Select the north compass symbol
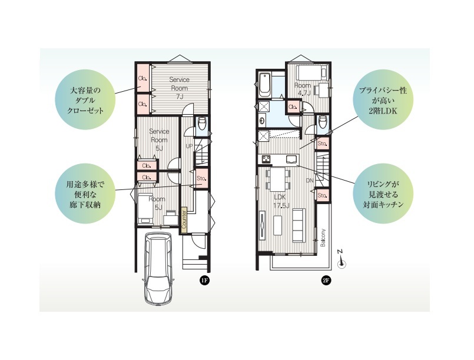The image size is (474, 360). click(x=342, y=260)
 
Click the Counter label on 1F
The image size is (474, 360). click(x=184, y=220)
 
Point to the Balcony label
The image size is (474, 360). click(x=323, y=238)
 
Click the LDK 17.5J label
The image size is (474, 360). click(x=281, y=201)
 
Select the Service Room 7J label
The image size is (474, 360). click(x=179, y=88)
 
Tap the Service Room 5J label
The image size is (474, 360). click(x=159, y=140)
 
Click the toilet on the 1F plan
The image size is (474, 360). click(x=201, y=124)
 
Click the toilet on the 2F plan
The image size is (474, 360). click(x=323, y=122)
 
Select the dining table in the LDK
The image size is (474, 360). click(x=278, y=179)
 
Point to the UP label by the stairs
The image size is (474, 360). click(x=189, y=146)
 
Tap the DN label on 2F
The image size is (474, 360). click(x=309, y=181)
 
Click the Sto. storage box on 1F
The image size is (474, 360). click(x=201, y=178)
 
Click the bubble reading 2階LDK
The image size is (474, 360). click(x=383, y=101)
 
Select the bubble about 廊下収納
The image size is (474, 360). click(x=85, y=194)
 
